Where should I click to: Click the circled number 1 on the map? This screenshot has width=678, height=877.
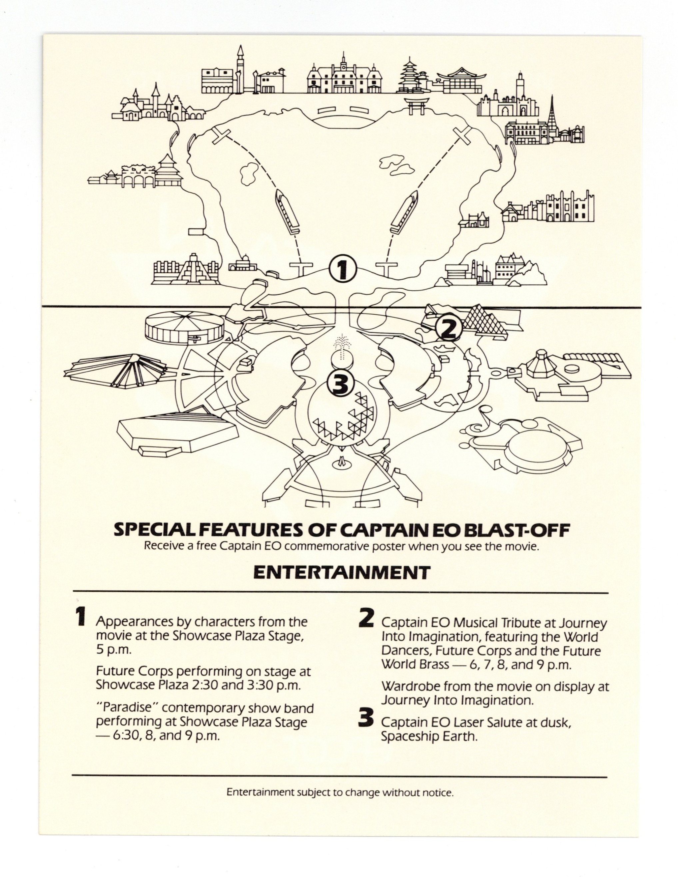[341, 270]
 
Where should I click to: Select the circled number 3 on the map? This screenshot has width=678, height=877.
[341, 383]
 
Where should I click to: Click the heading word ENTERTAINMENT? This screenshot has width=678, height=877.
[341, 573]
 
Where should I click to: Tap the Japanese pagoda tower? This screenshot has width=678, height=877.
[407, 77]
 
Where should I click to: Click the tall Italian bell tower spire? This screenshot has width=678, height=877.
[241, 68]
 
